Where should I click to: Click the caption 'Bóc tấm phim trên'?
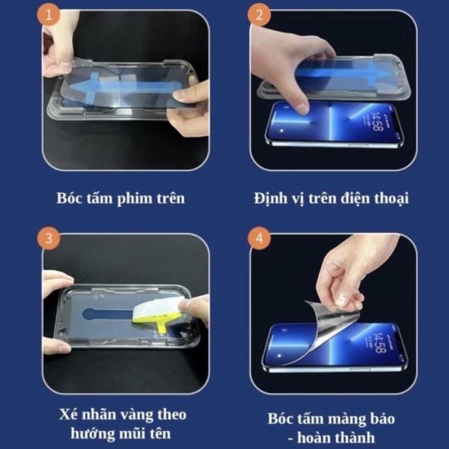point(120,198)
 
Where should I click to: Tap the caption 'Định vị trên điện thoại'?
point(330,198)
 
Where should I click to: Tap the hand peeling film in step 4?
point(352,269)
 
